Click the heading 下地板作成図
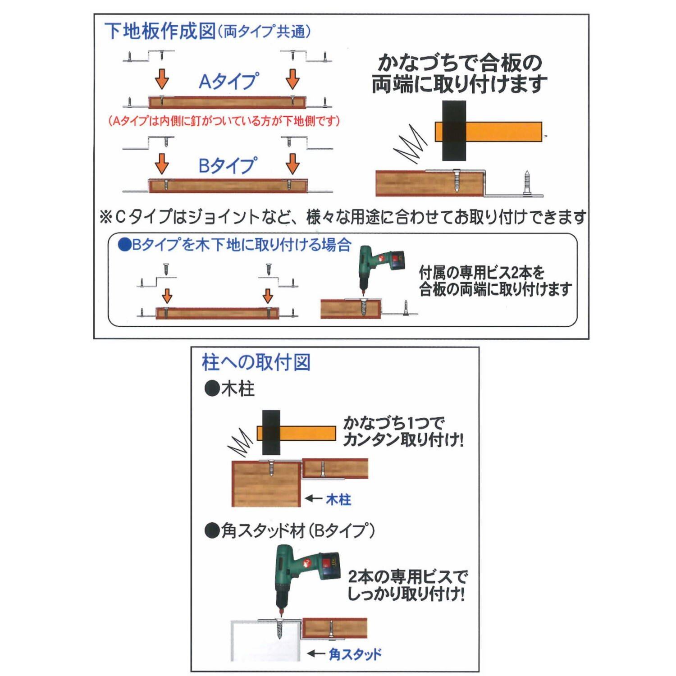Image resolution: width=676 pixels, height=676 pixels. (x=160, y=31)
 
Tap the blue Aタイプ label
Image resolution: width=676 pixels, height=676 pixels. (x=228, y=81)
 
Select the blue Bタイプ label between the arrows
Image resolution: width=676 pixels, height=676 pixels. (x=228, y=165)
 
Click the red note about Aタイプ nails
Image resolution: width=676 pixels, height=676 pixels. (x=224, y=121)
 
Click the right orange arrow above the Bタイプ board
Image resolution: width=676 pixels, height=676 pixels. (x=292, y=164)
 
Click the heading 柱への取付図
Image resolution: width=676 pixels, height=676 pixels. (x=256, y=362)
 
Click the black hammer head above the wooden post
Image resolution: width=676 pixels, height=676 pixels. (x=271, y=433)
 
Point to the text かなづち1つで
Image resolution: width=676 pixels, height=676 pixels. (x=394, y=423)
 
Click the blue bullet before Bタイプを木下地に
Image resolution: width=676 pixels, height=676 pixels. (x=124, y=245)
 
